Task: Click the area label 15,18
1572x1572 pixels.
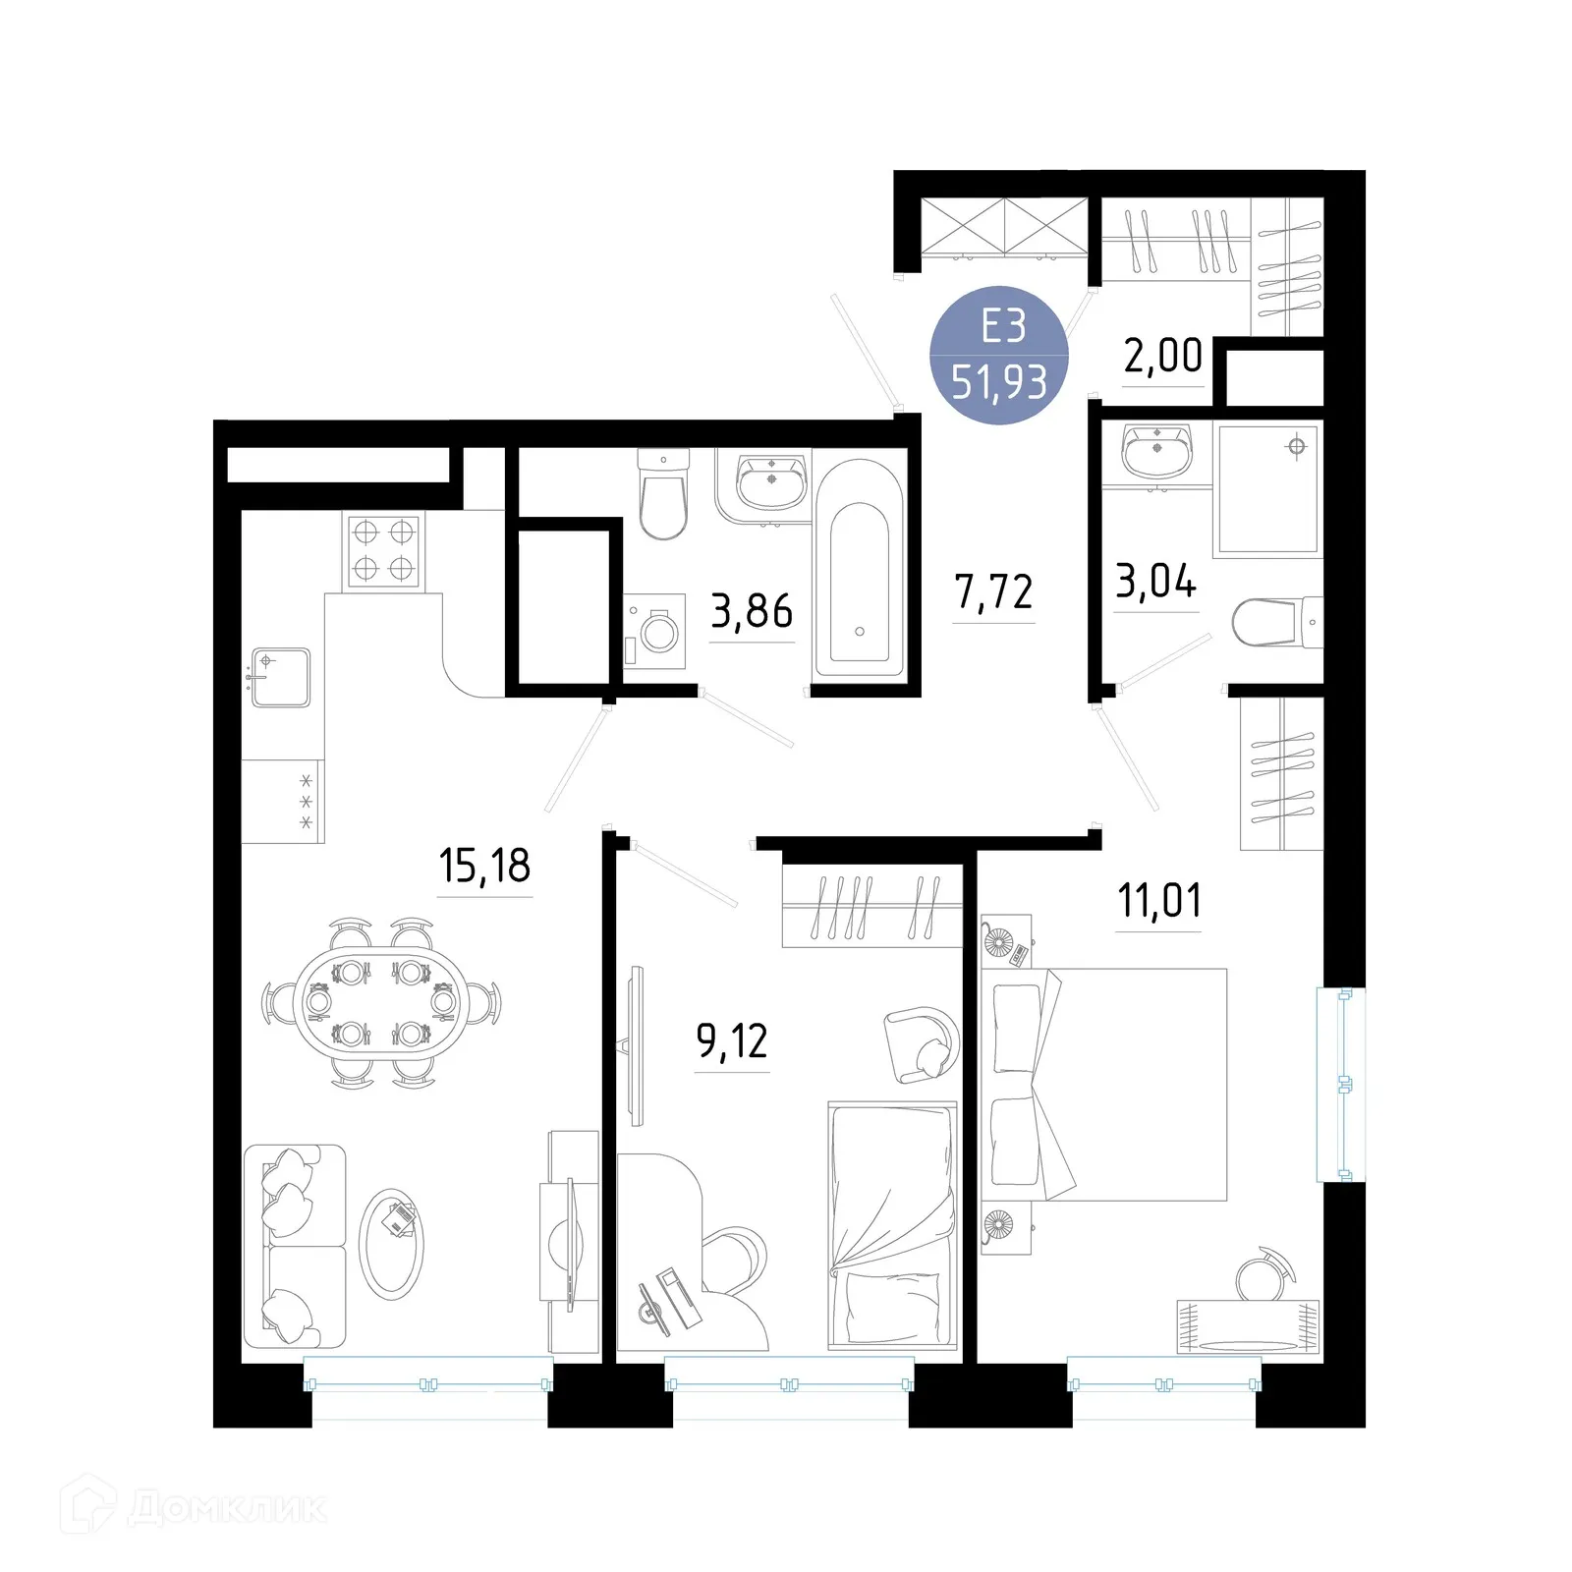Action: [484, 867]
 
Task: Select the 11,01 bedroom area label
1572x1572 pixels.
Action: [1159, 901]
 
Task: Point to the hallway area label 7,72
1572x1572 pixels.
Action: [993, 592]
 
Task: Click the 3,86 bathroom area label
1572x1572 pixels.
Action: [752, 611]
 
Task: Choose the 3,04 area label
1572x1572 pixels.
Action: [1155, 582]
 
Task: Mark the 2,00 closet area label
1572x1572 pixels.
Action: [1163, 356]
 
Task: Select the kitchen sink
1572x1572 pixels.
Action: [281, 677]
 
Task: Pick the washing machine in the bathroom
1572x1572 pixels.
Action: [656, 629]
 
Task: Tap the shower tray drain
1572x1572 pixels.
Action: [1297, 447]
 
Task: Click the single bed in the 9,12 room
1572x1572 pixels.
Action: [892, 1223]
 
